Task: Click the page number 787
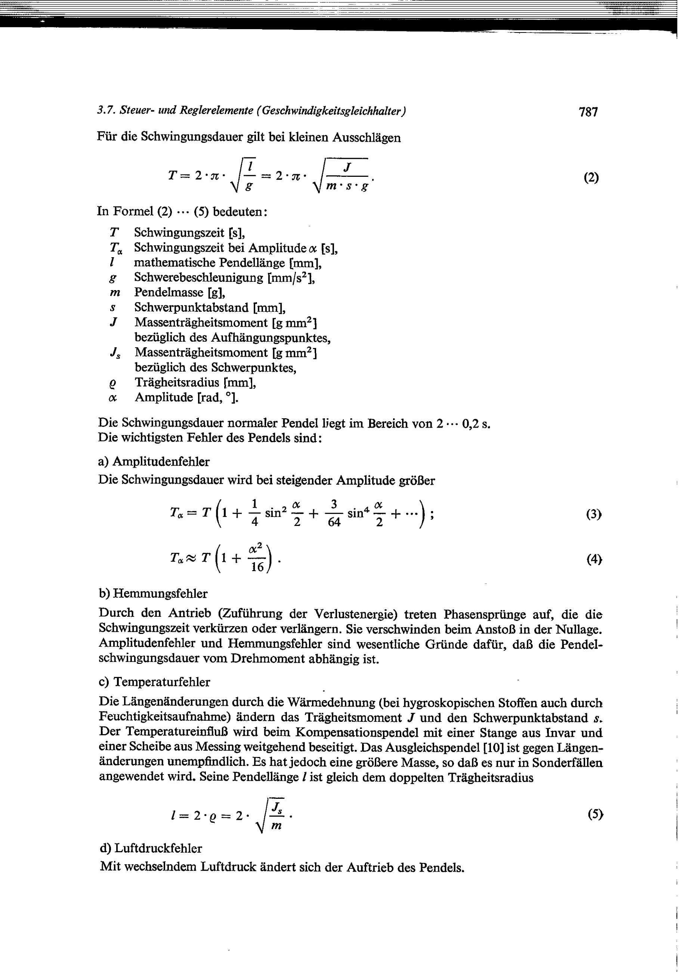(588, 112)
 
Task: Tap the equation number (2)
(591, 178)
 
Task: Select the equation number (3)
(594, 514)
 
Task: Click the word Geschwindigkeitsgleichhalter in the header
(333, 111)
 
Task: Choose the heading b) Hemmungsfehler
(153, 594)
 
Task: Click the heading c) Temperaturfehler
(154, 682)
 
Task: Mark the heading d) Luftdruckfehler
(151, 849)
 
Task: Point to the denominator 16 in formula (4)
(257, 567)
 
